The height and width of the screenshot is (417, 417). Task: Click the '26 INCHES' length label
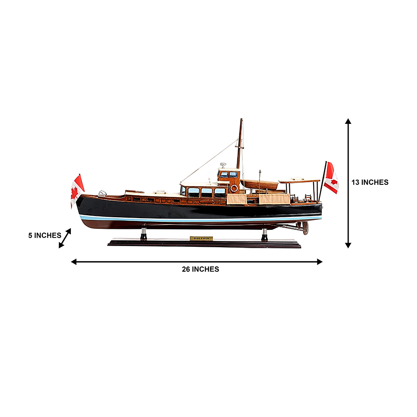click(201, 269)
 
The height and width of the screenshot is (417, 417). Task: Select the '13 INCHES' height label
click(370, 182)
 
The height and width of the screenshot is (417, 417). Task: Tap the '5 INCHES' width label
click(45, 235)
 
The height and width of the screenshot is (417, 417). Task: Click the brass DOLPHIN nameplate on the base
click(201, 239)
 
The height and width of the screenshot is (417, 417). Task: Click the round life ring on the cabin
click(234, 188)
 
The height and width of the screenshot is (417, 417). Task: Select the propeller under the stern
click(305, 228)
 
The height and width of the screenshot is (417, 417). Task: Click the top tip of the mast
click(241, 119)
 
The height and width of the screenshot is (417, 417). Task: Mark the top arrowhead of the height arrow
click(348, 121)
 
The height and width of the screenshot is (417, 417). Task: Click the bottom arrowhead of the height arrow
click(348, 246)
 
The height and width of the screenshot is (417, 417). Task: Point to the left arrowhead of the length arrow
click(74, 262)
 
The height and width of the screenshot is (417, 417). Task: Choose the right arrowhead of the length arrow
click(320, 262)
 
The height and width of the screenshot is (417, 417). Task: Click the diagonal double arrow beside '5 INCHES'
click(65, 238)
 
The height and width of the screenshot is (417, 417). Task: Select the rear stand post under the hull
click(265, 234)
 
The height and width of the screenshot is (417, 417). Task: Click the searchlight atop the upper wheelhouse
click(223, 165)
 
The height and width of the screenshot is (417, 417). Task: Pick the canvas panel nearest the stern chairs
click(274, 199)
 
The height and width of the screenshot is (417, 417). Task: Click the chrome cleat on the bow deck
click(103, 193)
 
